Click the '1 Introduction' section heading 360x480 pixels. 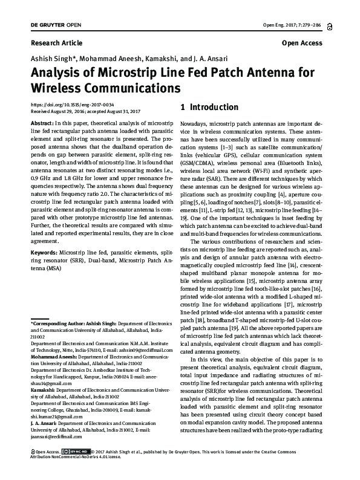point(210,108)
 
